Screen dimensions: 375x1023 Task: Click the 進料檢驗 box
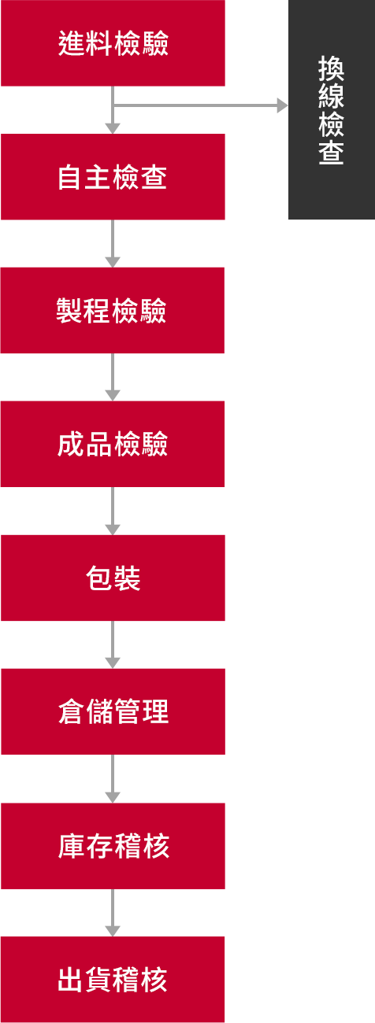pyautogui.click(x=113, y=43)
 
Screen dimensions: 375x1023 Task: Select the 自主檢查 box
pyautogui.click(x=113, y=177)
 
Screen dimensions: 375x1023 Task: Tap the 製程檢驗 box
pyautogui.click(x=113, y=311)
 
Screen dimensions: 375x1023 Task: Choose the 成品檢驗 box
pyautogui.click(x=113, y=444)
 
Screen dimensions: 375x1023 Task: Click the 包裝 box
pyautogui.click(x=113, y=578)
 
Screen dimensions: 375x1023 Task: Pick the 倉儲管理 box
pyautogui.click(x=113, y=711)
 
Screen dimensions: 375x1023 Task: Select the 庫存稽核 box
pyautogui.click(x=113, y=846)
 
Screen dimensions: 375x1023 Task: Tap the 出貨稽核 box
pyautogui.click(x=113, y=980)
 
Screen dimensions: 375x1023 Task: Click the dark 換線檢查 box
pyautogui.click(x=332, y=109)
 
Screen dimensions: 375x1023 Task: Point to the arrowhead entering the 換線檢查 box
pyautogui.click(x=283, y=105)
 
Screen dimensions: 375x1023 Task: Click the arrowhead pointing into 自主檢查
pyautogui.click(x=113, y=128)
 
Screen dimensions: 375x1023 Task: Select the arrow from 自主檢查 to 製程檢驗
pyautogui.click(x=113, y=243)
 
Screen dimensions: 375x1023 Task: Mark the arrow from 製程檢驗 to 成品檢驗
pyautogui.click(x=113, y=377)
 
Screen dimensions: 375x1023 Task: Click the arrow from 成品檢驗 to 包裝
pyautogui.click(x=113, y=511)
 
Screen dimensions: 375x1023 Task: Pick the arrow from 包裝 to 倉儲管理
pyautogui.click(x=113, y=644)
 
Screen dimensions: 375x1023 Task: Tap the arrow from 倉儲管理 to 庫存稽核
pyautogui.click(x=113, y=779)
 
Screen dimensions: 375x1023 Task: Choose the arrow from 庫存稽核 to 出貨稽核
pyautogui.click(x=113, y=913)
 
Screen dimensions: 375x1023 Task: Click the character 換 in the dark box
pyautogui.click(x=331, y=68)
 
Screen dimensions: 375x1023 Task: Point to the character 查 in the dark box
pyautogui.click(x=331, y=151)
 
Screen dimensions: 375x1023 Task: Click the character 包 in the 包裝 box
pyautogui.click(x=98, y=578)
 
